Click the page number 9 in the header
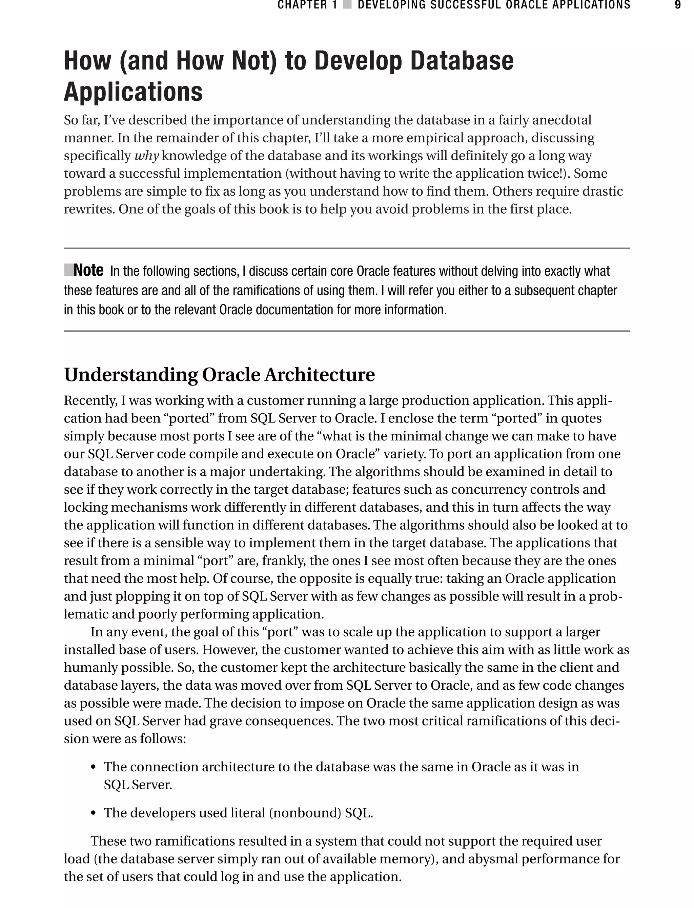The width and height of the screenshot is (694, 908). tap(677, 5)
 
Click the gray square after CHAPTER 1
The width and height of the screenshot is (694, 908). tap(347, 5)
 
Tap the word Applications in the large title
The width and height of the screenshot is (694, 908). tap(133, 92)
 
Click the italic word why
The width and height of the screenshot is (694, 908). tap(147, 156)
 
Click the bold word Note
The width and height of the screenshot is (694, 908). tap(88, 271)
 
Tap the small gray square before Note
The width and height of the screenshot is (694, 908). tap(68, 270)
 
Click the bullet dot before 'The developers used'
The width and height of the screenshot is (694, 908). tap(94, 813)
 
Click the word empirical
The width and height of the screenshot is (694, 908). tap(414, 138)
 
